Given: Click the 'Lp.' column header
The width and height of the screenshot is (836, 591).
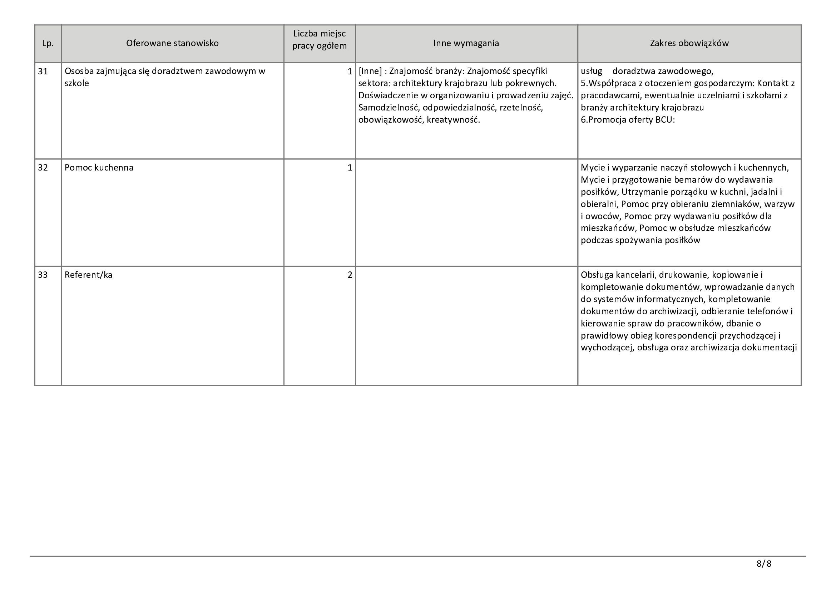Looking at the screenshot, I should click(48, 43).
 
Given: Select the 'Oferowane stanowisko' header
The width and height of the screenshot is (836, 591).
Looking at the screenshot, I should click(172, 43).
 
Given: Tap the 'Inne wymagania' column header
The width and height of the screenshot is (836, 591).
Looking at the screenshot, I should click(466, 43).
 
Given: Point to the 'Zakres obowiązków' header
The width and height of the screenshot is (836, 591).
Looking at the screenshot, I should click(689, 43).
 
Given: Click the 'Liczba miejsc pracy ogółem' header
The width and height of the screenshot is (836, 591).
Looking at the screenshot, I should click(319, 40).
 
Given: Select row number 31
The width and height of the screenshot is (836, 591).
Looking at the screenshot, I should click(43, 72).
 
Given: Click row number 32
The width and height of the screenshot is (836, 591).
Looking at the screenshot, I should click(43, 168).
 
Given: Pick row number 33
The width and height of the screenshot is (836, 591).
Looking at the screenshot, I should click(43, 275).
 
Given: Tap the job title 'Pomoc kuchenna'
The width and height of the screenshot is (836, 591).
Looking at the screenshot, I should click(99, 168).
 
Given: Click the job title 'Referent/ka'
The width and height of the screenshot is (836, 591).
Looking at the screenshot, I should click(89, 275).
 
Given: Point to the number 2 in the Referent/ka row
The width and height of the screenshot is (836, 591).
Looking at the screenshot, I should click(350, 275).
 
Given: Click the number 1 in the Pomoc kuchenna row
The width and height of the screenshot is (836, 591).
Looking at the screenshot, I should click(350, 168).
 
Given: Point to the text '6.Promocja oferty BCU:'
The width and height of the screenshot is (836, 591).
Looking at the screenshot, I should click(628, 120).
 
